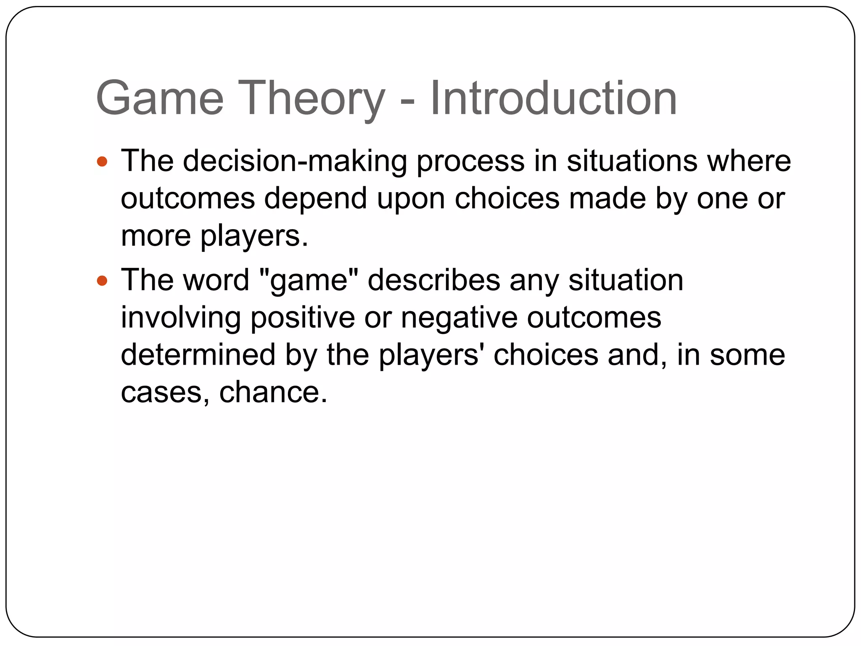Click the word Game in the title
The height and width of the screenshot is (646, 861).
pyautogui.click(x=160, y=98)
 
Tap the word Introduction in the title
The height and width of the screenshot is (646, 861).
pyautogui.click(x=553, y=98)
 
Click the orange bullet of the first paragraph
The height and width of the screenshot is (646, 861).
pyautogui.click(x=102, y=161)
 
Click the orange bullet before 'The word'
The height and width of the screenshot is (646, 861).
pyautogui.click(x=102, y=281)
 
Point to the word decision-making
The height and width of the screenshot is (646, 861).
pyautogui.click(x=295, y=161)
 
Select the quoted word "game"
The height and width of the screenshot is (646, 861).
pyautogui.click(x=309, y=281)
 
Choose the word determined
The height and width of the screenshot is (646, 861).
pyautogui.click(x=198, y=355)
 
